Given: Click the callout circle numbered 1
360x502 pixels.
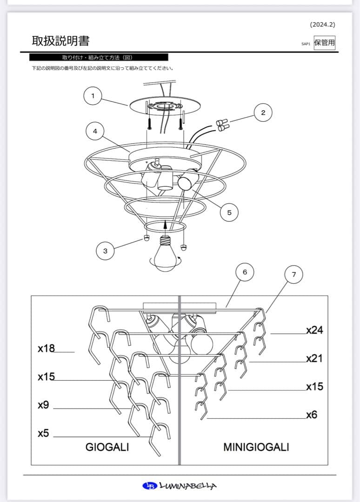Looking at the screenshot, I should click(x=93, y=96).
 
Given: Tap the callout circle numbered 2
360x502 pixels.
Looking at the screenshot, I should click(x=263, y=112).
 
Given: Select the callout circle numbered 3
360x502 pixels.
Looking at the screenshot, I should click(x=105, y=251).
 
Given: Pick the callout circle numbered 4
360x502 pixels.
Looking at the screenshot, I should click(x=95, y=132).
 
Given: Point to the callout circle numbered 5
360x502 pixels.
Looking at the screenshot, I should click(x=229, y=212).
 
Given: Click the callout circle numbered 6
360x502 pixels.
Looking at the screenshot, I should click(x=245, y=272).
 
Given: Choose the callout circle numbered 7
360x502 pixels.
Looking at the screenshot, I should click(x=293, y=275).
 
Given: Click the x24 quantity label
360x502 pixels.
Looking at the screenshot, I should click(x=314, y=330).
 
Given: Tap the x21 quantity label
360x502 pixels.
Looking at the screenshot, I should click(x=314, y=358).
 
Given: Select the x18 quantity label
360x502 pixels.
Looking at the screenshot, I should click(x=46, y=348).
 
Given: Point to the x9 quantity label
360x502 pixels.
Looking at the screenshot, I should click(x=43, y=405).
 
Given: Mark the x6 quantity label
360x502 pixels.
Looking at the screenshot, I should click(x=312, y=415).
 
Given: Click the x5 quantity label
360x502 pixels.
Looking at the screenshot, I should click(x=43, y=433).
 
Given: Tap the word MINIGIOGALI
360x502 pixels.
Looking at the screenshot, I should click(x=256, y=447).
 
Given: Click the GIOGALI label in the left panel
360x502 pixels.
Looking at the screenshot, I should click(x=107, y=447).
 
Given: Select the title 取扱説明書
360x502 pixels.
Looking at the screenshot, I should click(x=60, y=41).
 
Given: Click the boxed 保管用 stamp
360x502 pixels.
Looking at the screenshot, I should click(x=324, y=43).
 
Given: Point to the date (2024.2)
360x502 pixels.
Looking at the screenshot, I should click(x=322, y=25).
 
